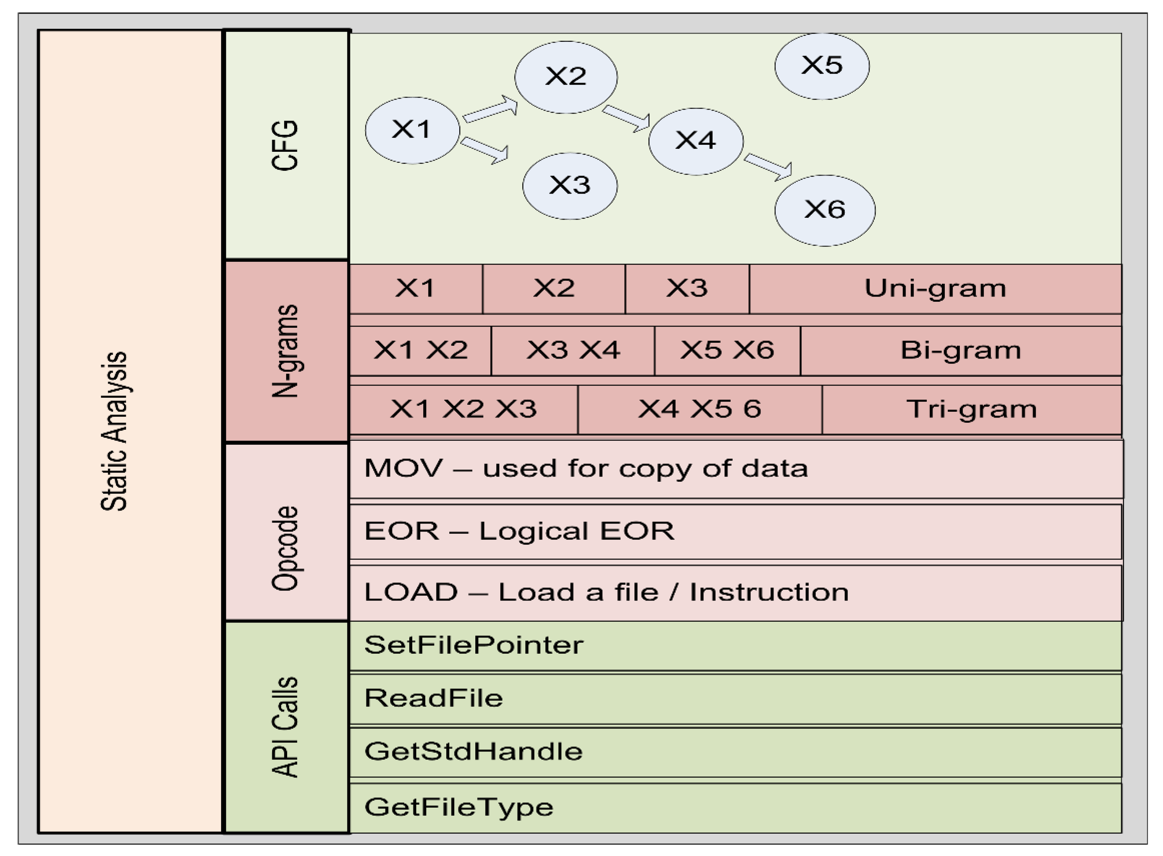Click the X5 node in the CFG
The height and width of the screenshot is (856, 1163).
pos(822,66)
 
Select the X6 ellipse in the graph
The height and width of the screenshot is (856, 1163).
pos(824,210)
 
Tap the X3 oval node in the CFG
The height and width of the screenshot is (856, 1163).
pos(570,185)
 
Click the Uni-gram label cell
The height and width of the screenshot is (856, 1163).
pos(935,289)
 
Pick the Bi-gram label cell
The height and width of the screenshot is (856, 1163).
pos(960,350)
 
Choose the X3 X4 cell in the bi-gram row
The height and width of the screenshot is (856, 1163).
pos(573,350)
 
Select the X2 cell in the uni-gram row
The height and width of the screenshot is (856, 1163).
pos(553,289)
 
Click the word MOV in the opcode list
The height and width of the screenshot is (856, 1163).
pos(403,469)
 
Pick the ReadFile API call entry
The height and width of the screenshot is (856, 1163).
pos(433,698)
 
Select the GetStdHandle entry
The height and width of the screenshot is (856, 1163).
pos(473,751)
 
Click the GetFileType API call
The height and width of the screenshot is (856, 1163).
pos(459,807)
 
